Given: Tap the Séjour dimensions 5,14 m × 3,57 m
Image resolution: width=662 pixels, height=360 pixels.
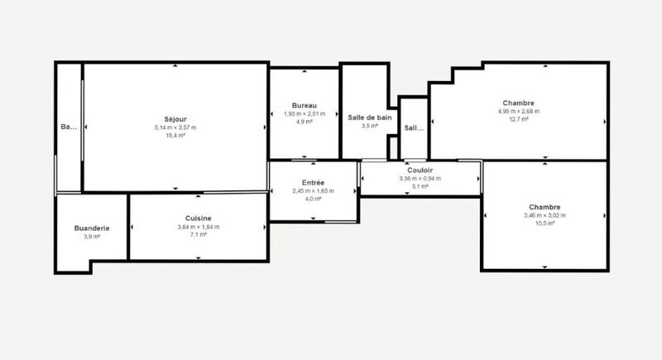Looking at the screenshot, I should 175,127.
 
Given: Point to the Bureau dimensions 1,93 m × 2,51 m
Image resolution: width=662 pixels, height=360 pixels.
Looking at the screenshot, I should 305,113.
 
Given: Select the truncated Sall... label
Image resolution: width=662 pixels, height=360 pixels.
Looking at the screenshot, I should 413,128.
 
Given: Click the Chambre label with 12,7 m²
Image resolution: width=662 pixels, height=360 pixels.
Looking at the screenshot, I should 518,103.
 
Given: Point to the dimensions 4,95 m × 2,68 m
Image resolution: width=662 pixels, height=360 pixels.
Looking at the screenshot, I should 518,111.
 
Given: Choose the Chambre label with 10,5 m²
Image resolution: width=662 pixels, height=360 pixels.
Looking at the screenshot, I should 543,208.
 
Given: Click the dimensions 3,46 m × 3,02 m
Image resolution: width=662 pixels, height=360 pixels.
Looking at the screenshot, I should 543,215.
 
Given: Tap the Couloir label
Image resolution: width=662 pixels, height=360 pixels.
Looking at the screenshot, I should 420,170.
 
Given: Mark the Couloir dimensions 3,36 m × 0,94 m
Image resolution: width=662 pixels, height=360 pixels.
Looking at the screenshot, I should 420,178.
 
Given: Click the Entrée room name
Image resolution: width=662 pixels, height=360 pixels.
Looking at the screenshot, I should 313,183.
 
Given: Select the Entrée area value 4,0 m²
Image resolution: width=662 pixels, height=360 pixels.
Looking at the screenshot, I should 313,199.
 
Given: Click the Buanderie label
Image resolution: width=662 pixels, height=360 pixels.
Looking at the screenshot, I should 93,228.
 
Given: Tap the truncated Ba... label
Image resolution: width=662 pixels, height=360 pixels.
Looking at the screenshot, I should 69,127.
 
